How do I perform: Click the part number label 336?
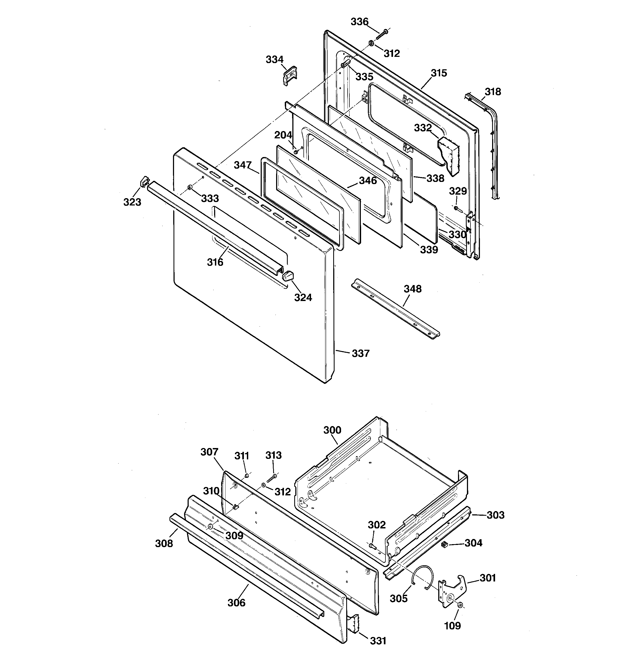point(359,22)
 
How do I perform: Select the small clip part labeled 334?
point(289,76)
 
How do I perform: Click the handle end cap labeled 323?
point(144,182)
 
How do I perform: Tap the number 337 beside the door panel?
point(361,354)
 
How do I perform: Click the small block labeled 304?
point(444,544)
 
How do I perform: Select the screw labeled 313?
point(272,478)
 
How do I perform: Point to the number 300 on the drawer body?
point(332,430)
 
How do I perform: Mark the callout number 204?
point(283,135)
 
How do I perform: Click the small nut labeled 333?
point(190,187)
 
